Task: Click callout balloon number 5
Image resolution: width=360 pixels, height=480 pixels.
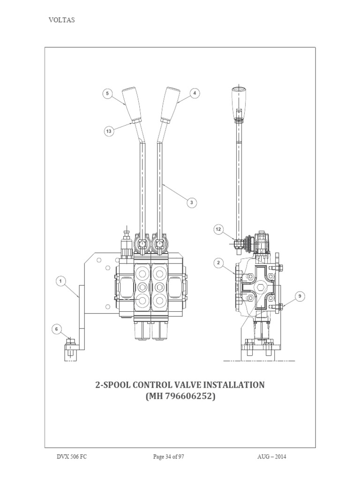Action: pos(107,94)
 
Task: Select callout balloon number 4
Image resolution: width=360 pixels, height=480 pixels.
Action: pos(195,93)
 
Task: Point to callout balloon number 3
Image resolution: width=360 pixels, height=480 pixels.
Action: pos(191,202)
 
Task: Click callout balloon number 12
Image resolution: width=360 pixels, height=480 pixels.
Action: pos(218,229)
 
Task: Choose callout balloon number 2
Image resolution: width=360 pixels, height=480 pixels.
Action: pos(218,263)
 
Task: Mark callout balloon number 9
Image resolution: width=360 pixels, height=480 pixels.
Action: pos(299,295)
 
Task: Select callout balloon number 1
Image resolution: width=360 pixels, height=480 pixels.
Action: pos(60,281)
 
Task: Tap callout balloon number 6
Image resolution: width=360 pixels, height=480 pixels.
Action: pos(57,330)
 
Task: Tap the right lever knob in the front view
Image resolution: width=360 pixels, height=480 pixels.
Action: pos(170,104)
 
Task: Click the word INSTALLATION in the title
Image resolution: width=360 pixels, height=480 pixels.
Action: pos(226,385)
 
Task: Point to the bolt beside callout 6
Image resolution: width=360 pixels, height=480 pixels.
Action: pos(69,349)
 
